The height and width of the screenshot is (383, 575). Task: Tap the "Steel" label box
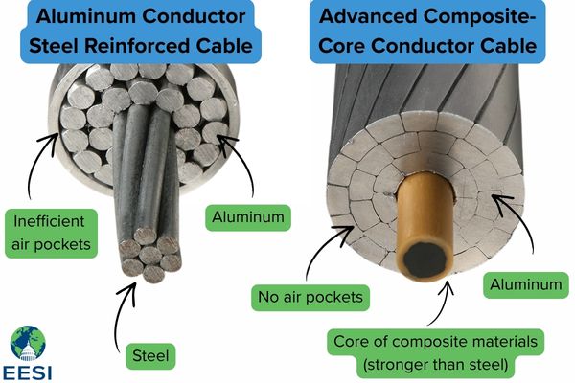pos(149,356)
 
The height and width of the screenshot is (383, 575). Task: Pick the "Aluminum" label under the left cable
pos(246,217)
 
